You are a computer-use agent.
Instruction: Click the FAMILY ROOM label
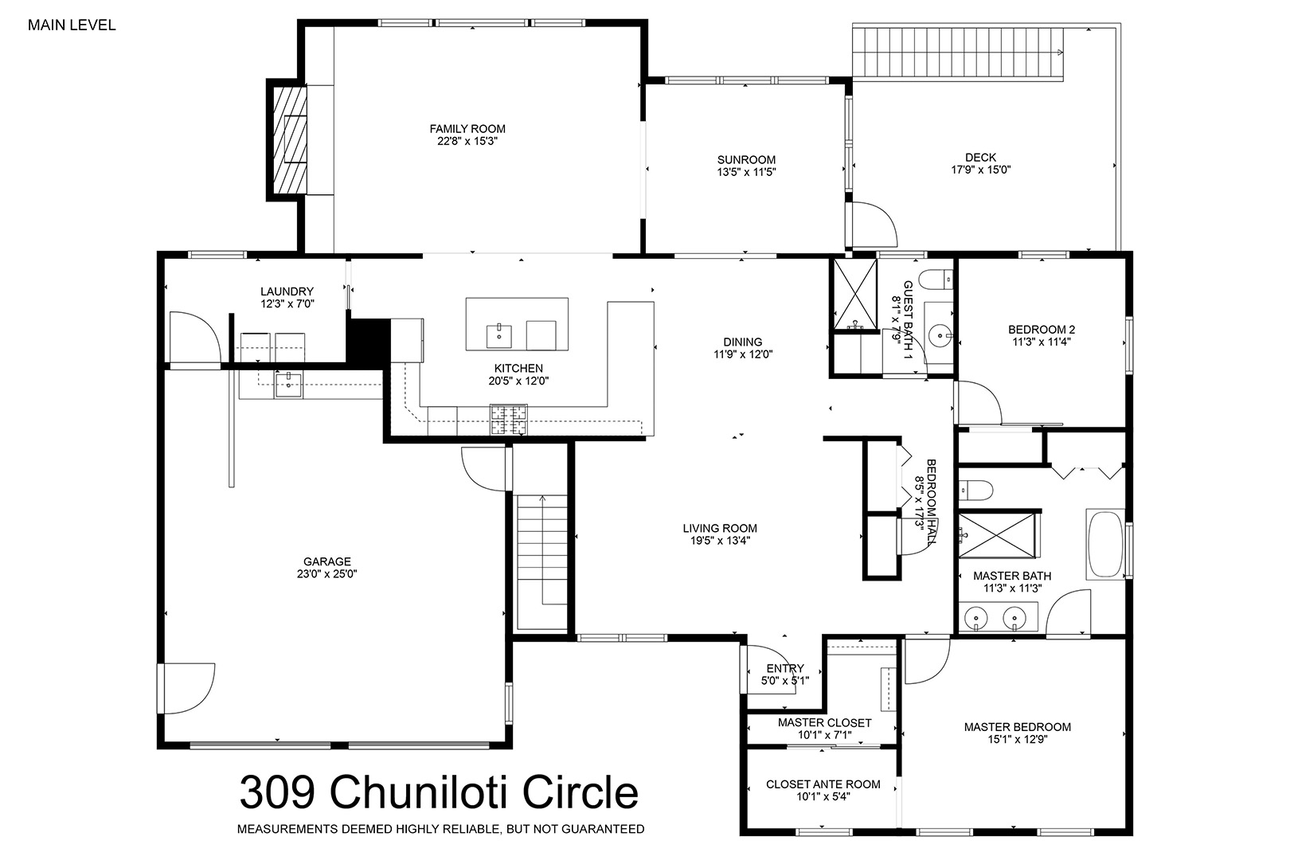[x=467, y=129]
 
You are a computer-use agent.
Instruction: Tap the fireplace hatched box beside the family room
[x=289, y=139]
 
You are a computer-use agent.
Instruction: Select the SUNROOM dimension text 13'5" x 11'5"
[x=746, y=172]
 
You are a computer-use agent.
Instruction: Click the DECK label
[x=981, y=157]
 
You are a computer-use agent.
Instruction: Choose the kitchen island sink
[x=498, y=336]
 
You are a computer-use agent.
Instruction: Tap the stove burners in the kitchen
[x=508, y=420]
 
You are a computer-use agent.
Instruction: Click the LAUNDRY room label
[x=287, y=291]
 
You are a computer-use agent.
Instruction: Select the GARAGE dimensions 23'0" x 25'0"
[x=327, y=573]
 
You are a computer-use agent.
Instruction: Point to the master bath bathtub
[x=1105, y=544]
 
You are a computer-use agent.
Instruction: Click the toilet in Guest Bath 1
[x=936, y=280]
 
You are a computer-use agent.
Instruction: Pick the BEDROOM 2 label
[x=1042, y=330]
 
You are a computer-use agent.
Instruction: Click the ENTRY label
[x=785, y=668]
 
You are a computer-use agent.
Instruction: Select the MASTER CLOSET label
[x=824, y=723]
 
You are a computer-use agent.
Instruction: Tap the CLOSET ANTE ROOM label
[x=823, y=784]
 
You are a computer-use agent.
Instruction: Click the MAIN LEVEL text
[x=72, y=25]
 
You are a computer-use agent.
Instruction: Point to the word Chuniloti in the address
[x=419, y=792]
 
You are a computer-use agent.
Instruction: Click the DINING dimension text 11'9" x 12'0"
[x=743, y=354]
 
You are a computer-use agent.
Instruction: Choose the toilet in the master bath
[x=976, y=491]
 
